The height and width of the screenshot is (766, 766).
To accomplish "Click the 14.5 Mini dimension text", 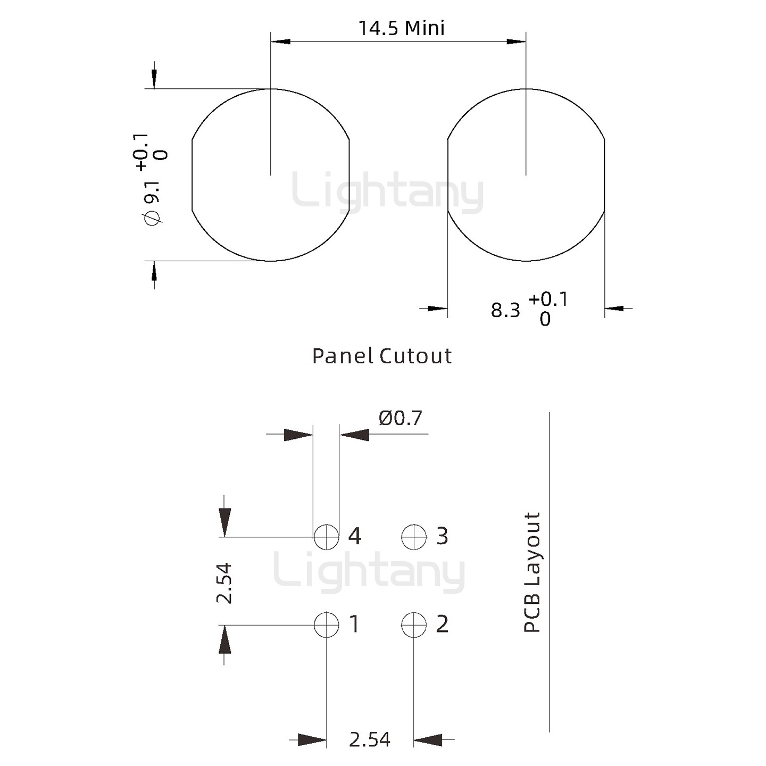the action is [x=402, y=28].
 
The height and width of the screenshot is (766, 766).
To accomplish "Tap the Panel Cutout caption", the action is [x=382, y=356].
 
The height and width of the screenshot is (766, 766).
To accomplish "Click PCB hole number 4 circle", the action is [x=327, y=537].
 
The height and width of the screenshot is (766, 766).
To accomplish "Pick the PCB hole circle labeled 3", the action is [x=414, y=537].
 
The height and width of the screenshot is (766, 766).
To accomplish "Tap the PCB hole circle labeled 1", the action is [x=327, y=625].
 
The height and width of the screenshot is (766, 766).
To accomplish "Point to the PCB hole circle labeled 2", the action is [x=414, y=625].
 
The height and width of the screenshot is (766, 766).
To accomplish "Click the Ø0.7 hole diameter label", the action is [x=400, y=418].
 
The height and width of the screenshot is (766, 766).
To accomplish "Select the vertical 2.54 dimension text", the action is [x=224, y=583].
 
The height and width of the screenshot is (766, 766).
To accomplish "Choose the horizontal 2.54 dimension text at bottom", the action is [x=370, y=739].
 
